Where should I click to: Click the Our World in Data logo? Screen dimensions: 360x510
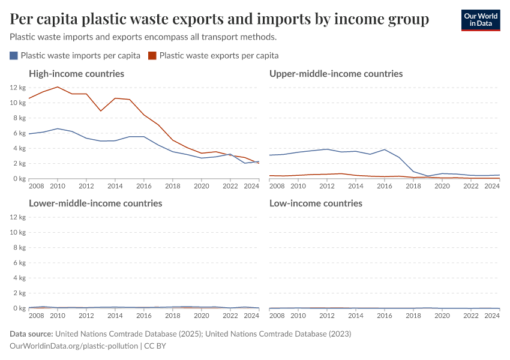point(480,20)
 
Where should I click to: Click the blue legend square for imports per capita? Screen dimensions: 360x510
point(14,56)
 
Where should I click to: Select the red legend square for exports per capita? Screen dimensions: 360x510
point(152,56)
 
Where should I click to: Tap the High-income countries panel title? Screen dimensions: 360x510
point(76,74)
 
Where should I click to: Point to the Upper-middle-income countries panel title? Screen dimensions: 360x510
point(336,74)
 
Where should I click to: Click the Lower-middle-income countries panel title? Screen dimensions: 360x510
point(95,203)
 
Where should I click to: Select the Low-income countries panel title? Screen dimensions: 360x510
point(316,203)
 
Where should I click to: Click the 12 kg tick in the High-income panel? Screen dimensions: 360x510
point(17,88)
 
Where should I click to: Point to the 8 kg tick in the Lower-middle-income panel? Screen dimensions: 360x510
point(18,247)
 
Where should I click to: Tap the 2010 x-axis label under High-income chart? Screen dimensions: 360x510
point(58,186)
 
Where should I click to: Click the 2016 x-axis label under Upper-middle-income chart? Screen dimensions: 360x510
point(385,186)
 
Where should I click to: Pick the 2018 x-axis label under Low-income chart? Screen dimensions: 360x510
point(413,316)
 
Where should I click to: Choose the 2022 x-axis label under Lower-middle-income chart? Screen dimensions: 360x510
point(230,316)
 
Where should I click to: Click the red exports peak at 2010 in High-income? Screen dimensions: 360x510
point(58,87)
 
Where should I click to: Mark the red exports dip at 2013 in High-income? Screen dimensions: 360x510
point(101,111)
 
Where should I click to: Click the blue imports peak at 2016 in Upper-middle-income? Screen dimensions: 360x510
point(385,149)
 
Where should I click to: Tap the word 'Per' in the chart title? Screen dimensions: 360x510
point(22,20)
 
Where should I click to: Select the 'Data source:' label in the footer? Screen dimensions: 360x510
point(32,334)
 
